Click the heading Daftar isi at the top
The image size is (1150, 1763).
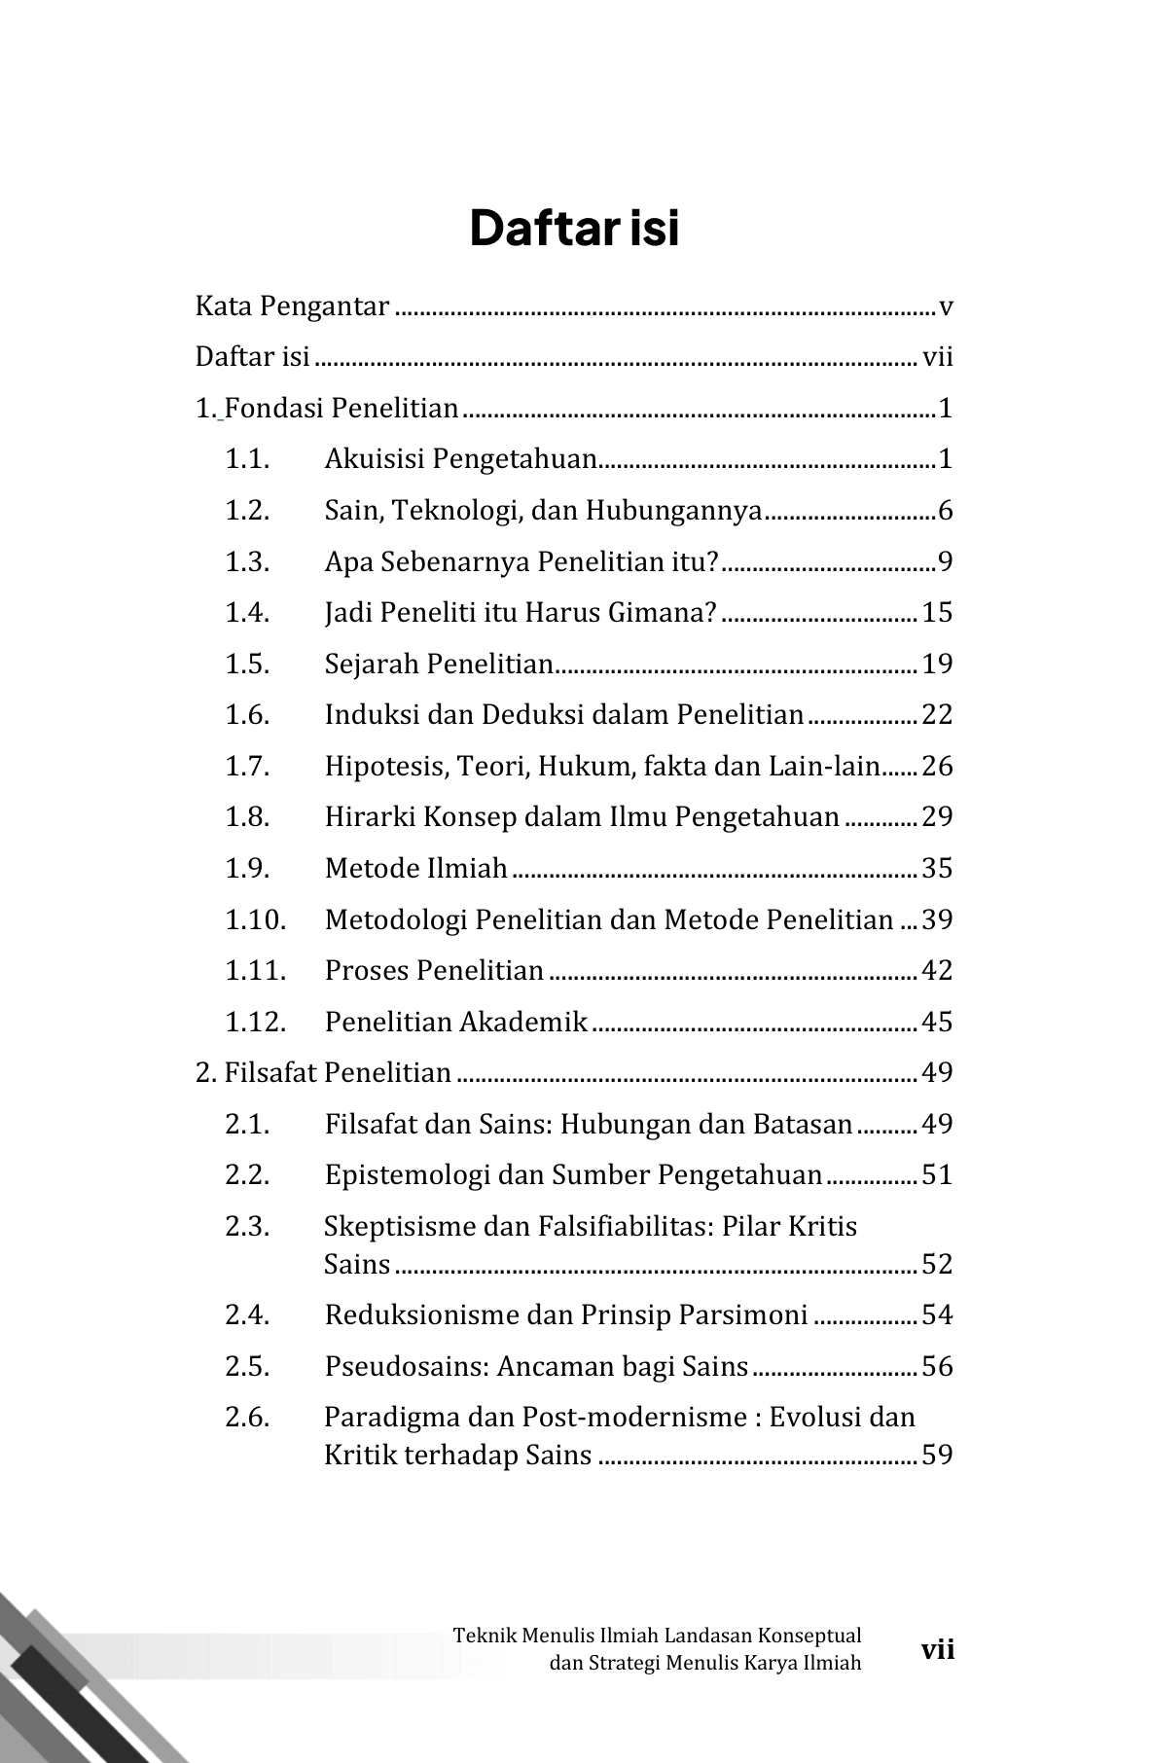[x=574, y=229]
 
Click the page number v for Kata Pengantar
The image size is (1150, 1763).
[x=946, y=307]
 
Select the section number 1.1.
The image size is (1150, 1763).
[x=247, y=459]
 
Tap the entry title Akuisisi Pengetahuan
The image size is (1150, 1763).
[x=460, y=459]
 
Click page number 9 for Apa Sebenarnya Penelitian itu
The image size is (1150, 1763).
[x=945, y=562]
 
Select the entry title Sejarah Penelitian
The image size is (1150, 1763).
[x=439, y=665]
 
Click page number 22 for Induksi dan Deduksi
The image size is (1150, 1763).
[x=937, y=715]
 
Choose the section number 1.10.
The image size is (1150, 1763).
[x=256, y=919]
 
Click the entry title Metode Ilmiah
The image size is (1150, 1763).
[x=416, y=868]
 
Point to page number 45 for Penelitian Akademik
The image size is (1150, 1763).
[x=937, y=1022]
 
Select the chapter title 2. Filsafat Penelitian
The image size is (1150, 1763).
[x=324, y=1073]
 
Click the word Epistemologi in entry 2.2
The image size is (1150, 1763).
[x=407, y=1175]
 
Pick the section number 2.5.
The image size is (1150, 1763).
[x=247, y=1367]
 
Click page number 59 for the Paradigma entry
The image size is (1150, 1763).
[x=937, y=1456]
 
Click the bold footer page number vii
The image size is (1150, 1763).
[x=938, y=1650]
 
